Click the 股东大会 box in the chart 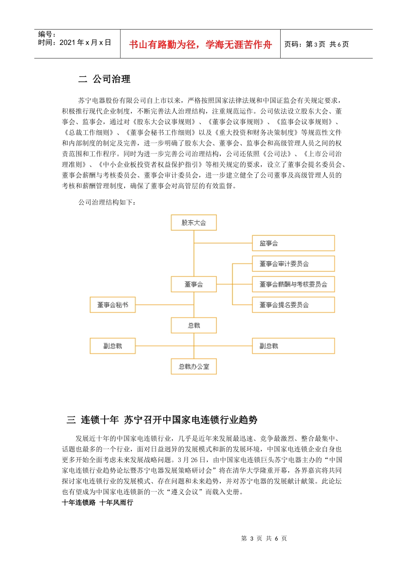(x=194, y=223)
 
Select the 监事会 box (x=293, y=243)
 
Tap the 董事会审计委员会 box (x=293, y=264)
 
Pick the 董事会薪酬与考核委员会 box (x=293, y=285)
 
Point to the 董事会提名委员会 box (x=293, y=305)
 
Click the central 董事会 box (x=194, y=285)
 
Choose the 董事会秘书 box (x=113, y=305)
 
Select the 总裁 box (x=194, y=326)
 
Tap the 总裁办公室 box (x=194, y=367)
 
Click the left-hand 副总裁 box (x=113, y=346)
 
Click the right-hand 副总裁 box (x=293, y=346)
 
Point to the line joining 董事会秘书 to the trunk (x=165, y=305)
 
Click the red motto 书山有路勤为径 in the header (x=200, y=45)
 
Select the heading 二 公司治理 (x=105, y=79)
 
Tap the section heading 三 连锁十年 (x=162, y=420)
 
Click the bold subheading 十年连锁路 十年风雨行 (x=98, y=503)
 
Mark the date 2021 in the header (x=67, y=42)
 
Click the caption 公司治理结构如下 (x=107, y=202)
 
